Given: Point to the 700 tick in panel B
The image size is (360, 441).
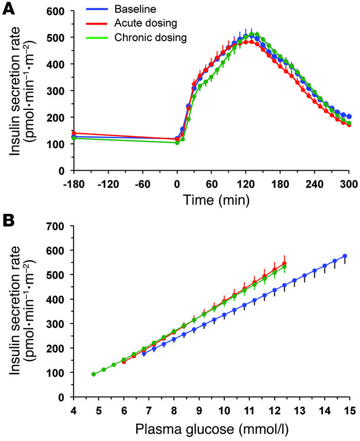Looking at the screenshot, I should [x=57, y=226].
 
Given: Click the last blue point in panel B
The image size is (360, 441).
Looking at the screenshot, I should [x=345, y=256].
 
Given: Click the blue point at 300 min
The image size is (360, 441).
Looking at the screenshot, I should [x=349, y=117].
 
